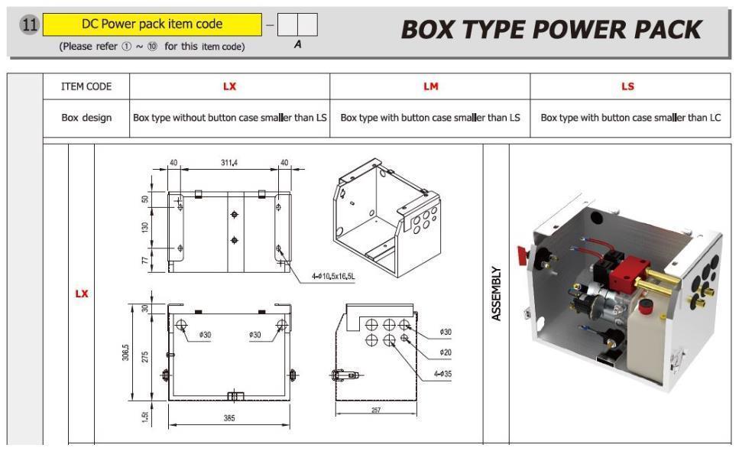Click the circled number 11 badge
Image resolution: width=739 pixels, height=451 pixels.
pyautogui.click(x=29, y=24)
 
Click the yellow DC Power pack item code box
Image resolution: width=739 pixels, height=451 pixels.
pyautogui.click(x=152, y=24)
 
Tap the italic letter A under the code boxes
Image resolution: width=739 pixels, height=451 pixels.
pyautogui.click(x=297, y=44)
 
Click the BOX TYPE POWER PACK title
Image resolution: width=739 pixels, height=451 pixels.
pyautogui.click(x=551, y=30)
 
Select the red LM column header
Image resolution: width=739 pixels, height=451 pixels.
pyautogui.click(x=431, y=86)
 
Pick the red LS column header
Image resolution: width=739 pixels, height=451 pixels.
pyautogui.click(x=627, y=86)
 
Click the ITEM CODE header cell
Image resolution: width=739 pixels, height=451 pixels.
pyautogui.click(x=86, y=86)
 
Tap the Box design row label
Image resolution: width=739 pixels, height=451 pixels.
pyautogui.click(x=86, y=118)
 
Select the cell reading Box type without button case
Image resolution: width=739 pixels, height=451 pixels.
pyautogui.click(x=229, y=118)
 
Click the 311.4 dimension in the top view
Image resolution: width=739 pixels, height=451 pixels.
pyautogui.click(x=229, y=163)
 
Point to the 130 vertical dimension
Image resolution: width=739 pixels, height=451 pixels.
pyautogui.click(x=144, y=227)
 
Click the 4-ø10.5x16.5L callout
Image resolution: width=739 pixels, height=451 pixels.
pyautogui.click(x=333, y=276)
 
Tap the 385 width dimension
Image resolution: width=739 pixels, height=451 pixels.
pyautogui.click(x=229, y=417)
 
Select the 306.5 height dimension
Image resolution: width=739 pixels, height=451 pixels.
pyautogui.click(x=125, y=352)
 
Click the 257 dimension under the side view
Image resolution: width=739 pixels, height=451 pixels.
pyautogui.click(x=376, y=410)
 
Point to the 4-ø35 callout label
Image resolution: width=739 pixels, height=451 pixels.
pyautogui.click(x=442, y=374)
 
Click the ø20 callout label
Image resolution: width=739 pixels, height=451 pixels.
pyautogui.click(x=446, y=352)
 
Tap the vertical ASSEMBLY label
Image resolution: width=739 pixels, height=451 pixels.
pyautogui.click(x=496, y=294)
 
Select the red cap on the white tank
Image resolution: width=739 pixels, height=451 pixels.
pyautogui.click(x=645, y=305)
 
